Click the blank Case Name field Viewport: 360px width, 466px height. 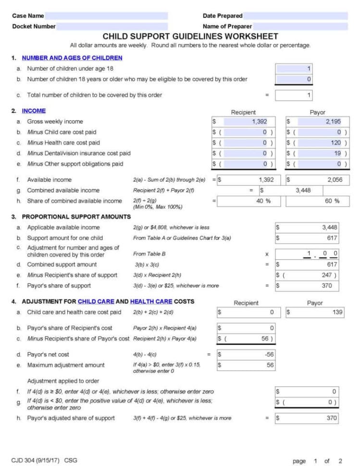106,16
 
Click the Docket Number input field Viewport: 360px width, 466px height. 112,26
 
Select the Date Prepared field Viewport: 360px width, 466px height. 296,16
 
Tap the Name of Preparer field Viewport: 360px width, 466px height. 300,26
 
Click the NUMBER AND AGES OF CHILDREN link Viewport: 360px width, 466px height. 72,58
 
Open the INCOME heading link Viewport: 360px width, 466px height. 34,111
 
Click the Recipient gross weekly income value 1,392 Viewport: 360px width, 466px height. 244,122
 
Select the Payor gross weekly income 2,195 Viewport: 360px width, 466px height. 318,122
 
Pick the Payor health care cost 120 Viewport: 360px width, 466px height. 318,143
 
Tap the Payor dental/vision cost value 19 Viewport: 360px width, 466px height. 318,153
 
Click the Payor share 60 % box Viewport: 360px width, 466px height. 318,201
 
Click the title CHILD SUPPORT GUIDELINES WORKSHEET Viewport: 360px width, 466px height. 190,37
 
